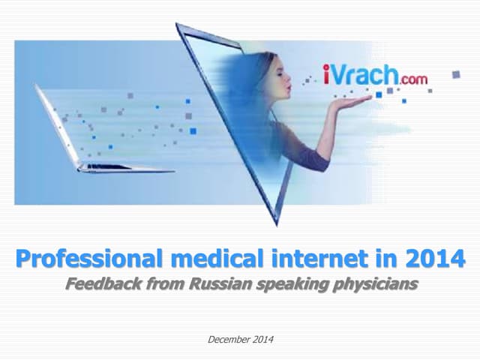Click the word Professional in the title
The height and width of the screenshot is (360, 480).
coord(88,260)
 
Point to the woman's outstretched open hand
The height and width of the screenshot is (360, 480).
coord(352,100)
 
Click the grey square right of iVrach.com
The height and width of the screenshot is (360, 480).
coord(455,74)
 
